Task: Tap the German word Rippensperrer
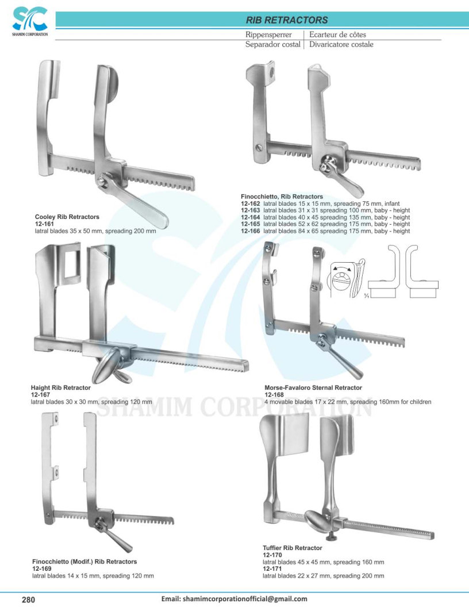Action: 268,35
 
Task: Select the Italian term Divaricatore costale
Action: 341,44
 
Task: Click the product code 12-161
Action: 44,224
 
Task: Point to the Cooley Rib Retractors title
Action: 67,217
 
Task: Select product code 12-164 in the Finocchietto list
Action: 250,217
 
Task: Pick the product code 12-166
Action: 250,231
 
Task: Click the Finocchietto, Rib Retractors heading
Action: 282,197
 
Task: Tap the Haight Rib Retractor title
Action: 60,387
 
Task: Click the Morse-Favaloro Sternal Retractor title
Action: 313,388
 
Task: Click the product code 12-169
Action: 41,568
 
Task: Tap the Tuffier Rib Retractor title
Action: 292,548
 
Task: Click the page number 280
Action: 29,600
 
